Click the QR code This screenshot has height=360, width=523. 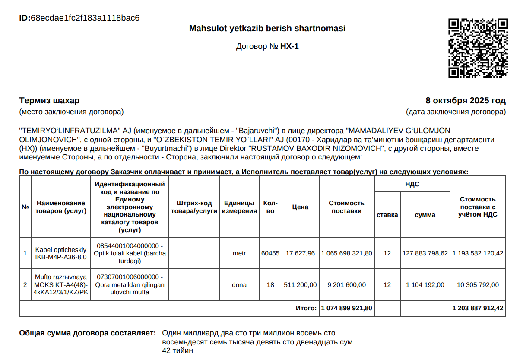pyautogui.click(x=477, y=48)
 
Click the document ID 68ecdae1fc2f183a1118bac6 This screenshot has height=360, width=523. pyautogui.click(x=85, y=18)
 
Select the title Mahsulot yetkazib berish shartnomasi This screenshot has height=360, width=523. pyautogui.click(x=267, y=29)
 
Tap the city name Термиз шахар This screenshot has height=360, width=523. pyautogui.click(x=49, y=101)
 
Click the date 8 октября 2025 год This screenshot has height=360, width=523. pyautogui.click(x=465, y=101)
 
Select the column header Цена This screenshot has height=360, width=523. pyautogui.click(x=300, y=207)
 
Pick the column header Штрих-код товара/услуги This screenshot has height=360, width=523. pyautogui.click(x=194, y=207)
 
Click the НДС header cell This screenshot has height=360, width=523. pyautogui.click(x=412, y=184)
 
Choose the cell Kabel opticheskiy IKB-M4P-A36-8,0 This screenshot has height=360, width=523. pyautogui.click(x=61, y=253)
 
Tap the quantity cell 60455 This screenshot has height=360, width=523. pyautogui.click(x=270, y=253)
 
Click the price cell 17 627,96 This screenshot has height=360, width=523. pyautogui.click(x=300, y=253)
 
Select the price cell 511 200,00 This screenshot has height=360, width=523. pyautogui.click(x=300, y=285)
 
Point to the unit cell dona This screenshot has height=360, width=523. pyautogui.click(x=239, y=285)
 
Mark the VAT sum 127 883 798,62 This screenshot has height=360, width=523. pyautogui.click(x=425, y=253)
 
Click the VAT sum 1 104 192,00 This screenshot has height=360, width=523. pyautogui.click(x=425, y=285)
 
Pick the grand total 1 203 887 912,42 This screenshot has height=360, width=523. pyautogui.click(x=478, y=309)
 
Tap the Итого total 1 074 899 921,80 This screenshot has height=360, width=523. pyautogui.click(x=346, y=309)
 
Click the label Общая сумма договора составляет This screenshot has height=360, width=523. pyautogui.click(x=88, y=333)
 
